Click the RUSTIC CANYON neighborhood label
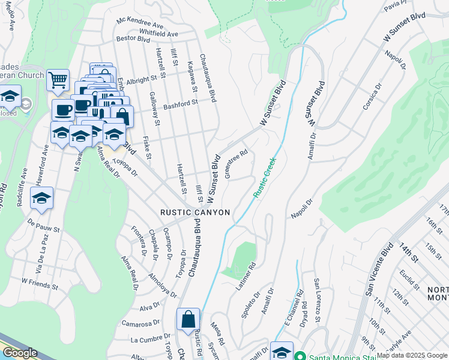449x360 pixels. (x=195, y=212)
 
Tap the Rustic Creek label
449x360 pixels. (x=264, y=178)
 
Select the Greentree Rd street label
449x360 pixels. (x=236, y=164)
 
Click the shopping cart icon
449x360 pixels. (x=58, y=79)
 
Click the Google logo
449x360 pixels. (x=19, y=353)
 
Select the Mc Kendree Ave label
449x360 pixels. (x=140, y=25)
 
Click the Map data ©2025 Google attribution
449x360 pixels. (x=412, y=355)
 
